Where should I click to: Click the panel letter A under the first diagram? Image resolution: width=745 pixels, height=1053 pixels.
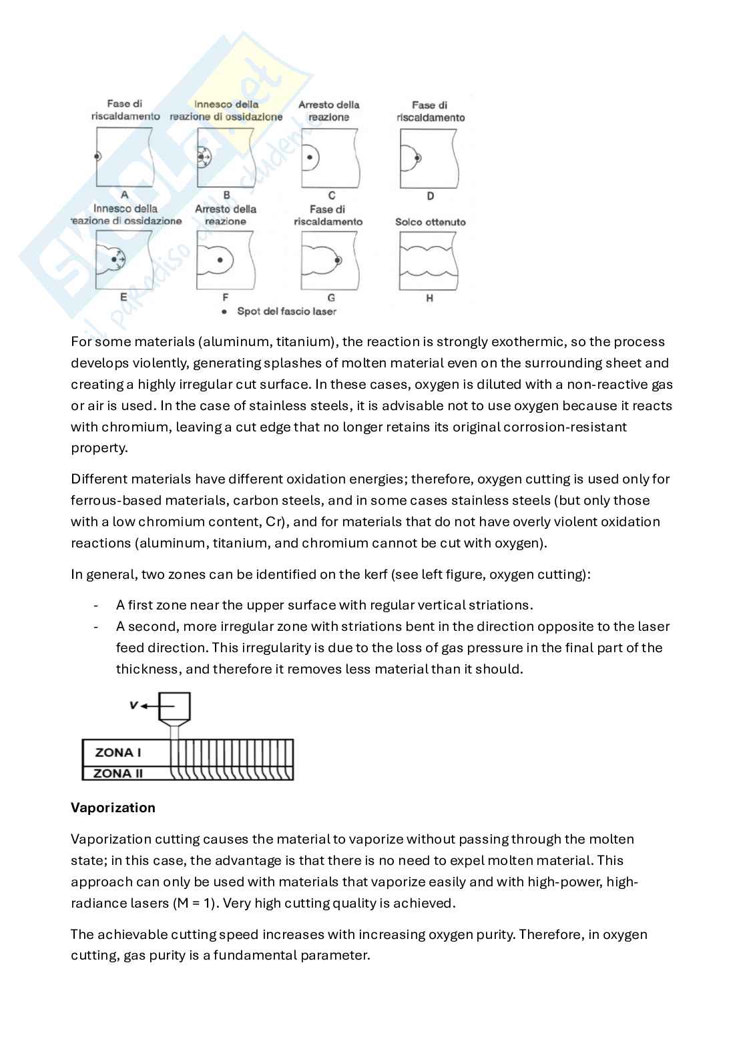pos(125,195)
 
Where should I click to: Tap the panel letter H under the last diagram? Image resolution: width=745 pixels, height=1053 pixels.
pos(429,298)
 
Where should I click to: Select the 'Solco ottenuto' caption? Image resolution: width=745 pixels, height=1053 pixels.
pos(430,222)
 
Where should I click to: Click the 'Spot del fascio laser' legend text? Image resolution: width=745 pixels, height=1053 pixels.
pos(286,311)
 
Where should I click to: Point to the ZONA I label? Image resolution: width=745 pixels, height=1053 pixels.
pos(118,753)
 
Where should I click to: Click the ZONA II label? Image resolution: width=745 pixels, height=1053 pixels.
pos(118,774)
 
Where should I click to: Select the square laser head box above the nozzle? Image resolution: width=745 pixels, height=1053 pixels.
pos(175,707)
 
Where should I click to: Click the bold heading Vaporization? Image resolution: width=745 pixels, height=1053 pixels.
pos(113,808)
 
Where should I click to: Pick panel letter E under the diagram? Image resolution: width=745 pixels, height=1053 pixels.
pos(123,298)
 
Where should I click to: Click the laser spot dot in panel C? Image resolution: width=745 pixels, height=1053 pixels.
pos(309,158)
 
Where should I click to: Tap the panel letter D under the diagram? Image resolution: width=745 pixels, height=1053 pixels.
pos(430,196)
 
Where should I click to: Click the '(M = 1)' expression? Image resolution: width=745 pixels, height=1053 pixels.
pos(196,903)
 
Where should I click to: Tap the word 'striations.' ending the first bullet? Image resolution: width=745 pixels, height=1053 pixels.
pos(502,606)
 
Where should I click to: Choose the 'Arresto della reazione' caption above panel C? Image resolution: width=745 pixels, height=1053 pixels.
pos(328,111)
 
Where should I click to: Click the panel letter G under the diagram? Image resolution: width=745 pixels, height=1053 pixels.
pos(331,298)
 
